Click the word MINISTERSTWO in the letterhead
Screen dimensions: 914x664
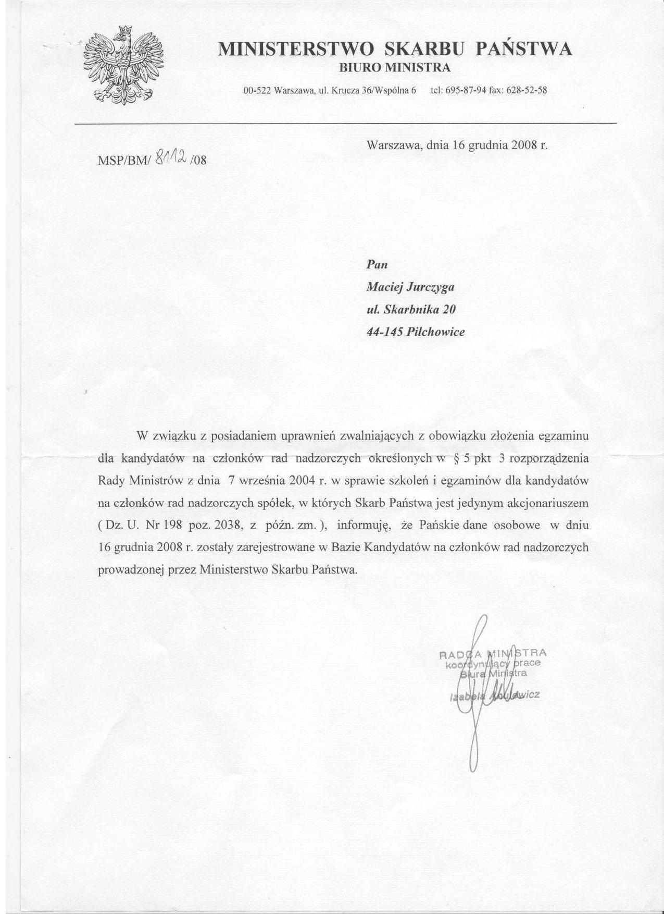296,49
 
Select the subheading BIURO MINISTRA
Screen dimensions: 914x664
395,68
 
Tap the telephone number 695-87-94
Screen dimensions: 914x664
467,90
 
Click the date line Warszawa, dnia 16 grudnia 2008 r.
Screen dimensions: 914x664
457,145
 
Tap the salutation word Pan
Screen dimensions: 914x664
378,264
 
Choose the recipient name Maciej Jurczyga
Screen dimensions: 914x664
411,287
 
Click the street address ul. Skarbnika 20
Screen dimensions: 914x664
411,309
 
